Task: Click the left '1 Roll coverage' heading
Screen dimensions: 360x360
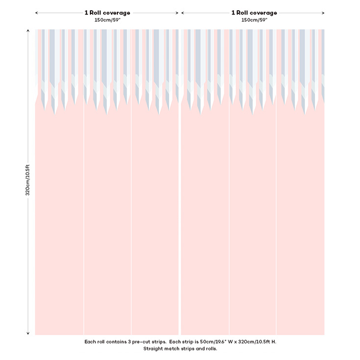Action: pyautogui.click(x=107, y=13)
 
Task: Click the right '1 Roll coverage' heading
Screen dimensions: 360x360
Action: pyautogui.click(x=254, y=13)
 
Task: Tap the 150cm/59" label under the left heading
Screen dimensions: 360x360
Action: pyautogui.click(x=107, y=20)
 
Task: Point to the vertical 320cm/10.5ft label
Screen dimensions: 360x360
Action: pyautogui.click(x=28, y=180)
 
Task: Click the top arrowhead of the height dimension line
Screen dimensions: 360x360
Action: pyautogui.click(x=28, y=30)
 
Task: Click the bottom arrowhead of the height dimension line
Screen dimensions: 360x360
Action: pyautogui.click(x=28, y=333)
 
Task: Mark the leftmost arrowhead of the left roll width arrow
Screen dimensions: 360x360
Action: pyautogui.click(x=37, y=13)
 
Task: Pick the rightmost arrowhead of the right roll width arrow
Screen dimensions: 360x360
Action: pyautogui.click(x=323, y=13)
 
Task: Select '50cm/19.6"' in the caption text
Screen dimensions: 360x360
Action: pyautogui.click(x=206, y=342)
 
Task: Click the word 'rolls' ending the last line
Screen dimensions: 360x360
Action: pyautogui.click(x=210, y=349)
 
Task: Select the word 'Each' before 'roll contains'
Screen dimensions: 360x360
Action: pyautogui.click(x=90, y=342)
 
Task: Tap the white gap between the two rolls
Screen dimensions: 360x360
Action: pyautogui.click(x=180, y=203)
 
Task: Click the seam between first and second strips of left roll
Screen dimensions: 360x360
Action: pyautogui.click(x=84, y=203)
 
